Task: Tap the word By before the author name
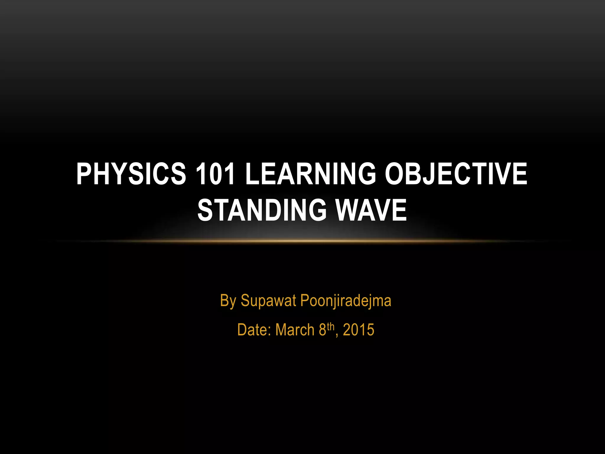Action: click(228, 301)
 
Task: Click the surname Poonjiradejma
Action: click(346, 301)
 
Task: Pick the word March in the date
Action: click(295, 330)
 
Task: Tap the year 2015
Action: click(359, 330)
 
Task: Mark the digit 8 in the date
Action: click(322, 330)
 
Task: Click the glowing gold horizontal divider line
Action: click(302, 241)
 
